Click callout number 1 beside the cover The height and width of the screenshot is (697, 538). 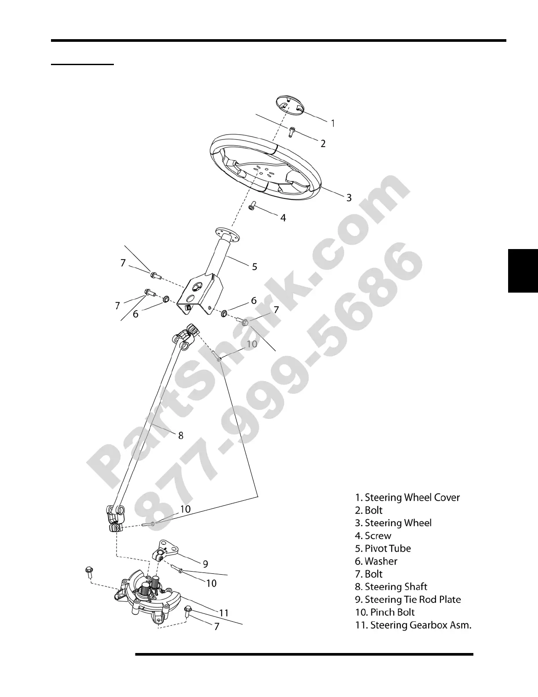[333, 123]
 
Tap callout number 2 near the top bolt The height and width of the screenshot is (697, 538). [323, 143]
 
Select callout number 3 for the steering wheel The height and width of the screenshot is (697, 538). [349, 198]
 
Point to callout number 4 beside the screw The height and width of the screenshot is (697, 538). [283, 218]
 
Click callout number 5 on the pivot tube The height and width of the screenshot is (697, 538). [254, 267]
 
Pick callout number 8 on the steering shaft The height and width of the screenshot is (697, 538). [181, 436]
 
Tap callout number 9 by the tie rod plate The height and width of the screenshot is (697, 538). [205, 564]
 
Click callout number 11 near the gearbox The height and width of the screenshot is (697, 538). [224, 613]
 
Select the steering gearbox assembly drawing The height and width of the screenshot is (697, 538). [149, 596]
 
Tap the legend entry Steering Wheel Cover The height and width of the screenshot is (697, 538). [407, 498]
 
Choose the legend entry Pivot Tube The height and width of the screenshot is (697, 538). [383, 549]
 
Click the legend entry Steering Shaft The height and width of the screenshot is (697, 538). [391, 587]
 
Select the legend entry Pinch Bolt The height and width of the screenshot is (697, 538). [385, 613]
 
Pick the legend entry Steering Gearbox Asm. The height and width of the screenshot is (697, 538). [413, 625]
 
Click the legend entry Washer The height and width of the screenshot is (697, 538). [376, 561]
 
